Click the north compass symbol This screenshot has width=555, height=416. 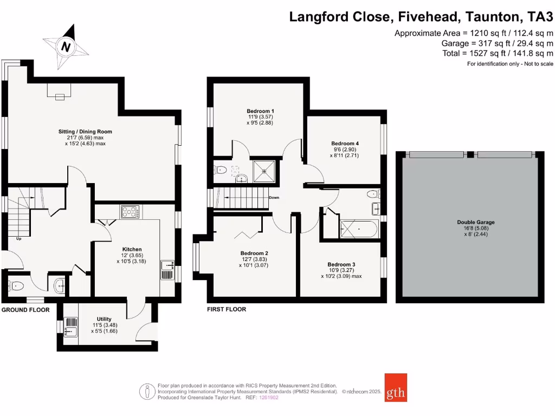[x=66, y=47]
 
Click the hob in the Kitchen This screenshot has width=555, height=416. [x=130, y=212]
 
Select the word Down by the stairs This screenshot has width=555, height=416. [x=274, y=198]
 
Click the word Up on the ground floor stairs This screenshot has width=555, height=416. [x=19, y=238]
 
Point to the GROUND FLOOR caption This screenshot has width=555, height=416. [x=25, y=310]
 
